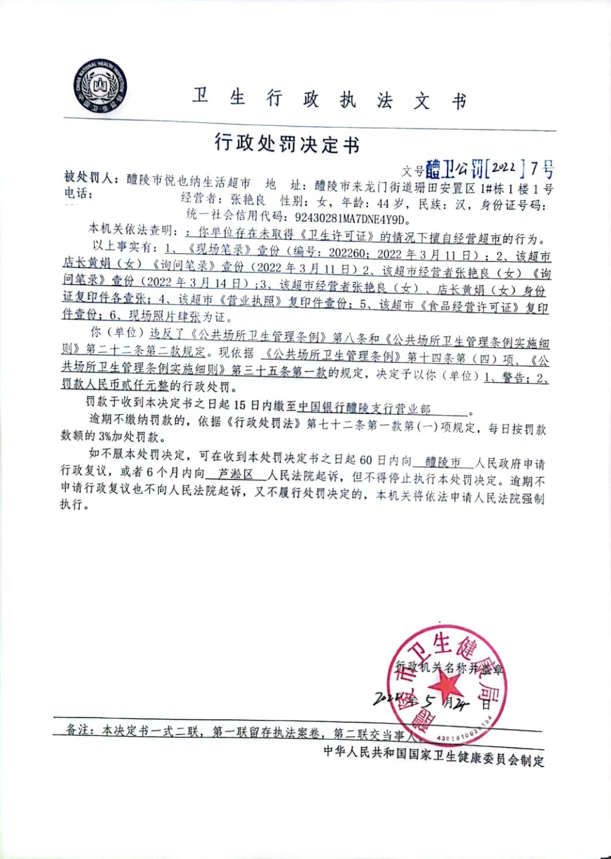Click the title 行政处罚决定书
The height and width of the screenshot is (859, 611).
287,144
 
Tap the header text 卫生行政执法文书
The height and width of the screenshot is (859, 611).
329,99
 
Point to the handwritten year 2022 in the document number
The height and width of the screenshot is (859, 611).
505,169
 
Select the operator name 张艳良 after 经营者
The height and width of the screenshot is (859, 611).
248,200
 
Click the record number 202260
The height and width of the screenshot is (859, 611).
347,253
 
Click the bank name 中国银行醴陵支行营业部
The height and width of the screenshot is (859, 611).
364,409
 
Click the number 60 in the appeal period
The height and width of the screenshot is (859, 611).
366,460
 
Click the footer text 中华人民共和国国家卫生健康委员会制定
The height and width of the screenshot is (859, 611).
434,755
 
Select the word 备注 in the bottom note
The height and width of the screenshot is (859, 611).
78,730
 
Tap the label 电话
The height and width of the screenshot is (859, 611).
78,193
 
